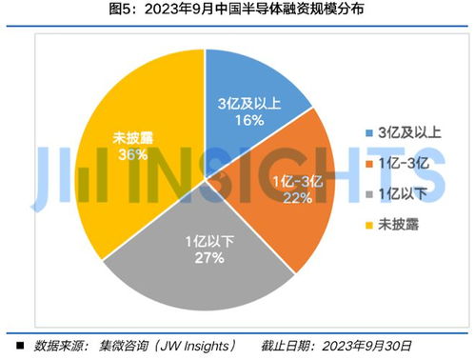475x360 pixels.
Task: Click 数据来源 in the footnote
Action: [58, 345]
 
